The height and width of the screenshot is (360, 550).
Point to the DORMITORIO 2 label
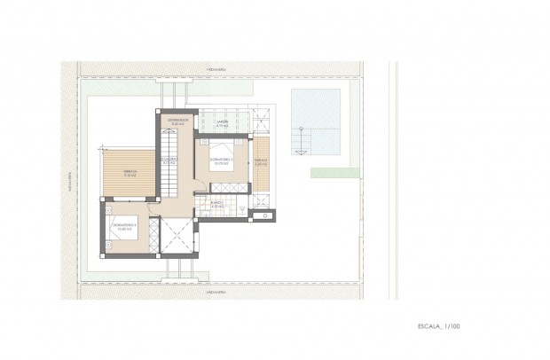tap(221, 160)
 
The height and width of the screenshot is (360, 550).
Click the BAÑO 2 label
tap(216, 203)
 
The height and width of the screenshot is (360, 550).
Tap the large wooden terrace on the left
tap(127, 173)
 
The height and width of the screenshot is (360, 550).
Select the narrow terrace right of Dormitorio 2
tap(261, 161)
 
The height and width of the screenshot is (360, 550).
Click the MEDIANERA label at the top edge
tap(216, 66)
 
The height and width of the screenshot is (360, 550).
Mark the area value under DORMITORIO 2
tap(221, 165)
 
